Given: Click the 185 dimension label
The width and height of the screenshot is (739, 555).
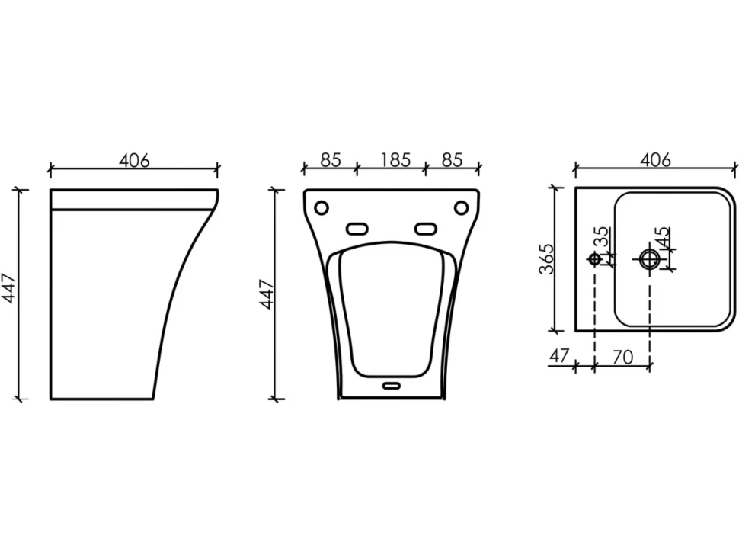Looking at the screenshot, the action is (x=395, y=160).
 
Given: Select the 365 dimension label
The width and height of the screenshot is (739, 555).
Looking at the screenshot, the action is (x=545, y=258).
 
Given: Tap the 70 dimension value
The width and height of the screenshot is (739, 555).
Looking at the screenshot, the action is (x=622, y=358).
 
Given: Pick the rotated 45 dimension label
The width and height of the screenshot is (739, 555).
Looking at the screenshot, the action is (x=661, y=237).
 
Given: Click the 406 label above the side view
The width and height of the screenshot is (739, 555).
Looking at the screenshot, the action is (x=134, y=160).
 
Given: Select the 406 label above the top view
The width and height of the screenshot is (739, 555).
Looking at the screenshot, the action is (x=655, y=160).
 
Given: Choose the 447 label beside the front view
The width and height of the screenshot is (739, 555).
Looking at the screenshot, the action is (x=267, y=294).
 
